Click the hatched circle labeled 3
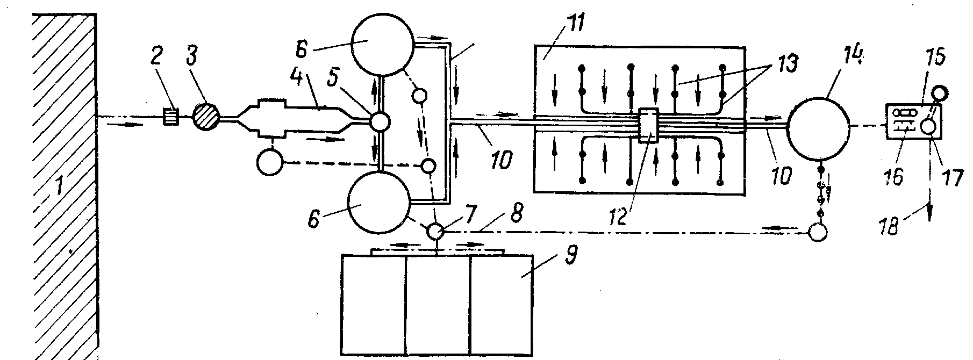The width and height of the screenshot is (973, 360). pyautogui.click(x=206, y=116)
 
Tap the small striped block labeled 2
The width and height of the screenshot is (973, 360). pyautogui.click(x=171, y=116)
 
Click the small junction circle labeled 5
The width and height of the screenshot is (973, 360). pyautogui.click(x=380, y=121)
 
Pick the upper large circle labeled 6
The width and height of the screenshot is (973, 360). pyautogui.click(x=382, y=45)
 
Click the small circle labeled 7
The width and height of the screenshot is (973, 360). pyautogui.click(x=435, y=232)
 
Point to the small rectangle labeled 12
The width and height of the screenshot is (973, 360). pyautogui.click(x=649, y=126)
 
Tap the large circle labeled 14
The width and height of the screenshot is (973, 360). pyautogui.click(x=818, y=128)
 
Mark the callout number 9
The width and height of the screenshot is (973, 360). pyautogui.click(x=570, y=257)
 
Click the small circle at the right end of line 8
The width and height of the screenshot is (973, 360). pyautogui.click(x=818, y=233)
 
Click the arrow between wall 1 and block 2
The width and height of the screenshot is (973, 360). pyautogui.click(x=125, y=125)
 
